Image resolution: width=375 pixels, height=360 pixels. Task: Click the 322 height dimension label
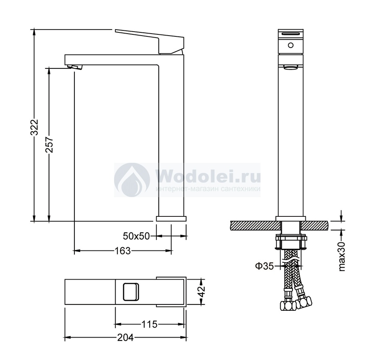35,127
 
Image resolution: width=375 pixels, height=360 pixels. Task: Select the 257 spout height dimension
50,144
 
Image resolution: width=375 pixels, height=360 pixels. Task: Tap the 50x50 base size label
136,236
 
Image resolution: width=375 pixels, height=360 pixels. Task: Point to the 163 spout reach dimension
123,251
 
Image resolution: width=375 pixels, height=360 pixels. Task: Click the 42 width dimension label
202,291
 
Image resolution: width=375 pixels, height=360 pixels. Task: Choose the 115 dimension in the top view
149,324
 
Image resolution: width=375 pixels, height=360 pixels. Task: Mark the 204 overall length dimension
126,338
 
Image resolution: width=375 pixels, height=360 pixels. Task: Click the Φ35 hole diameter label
264,266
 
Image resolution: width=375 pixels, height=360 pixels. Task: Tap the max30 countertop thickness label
343,256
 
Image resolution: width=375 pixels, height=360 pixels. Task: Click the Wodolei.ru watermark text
208,176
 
